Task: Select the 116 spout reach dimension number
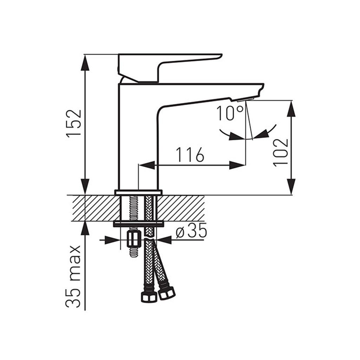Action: point(190,154)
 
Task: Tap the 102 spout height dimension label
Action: point(281,153)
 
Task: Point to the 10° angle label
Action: point(230,113)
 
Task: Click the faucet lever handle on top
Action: point(170,68)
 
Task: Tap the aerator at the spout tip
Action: point(245,99)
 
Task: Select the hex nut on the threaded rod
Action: point(133,240)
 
